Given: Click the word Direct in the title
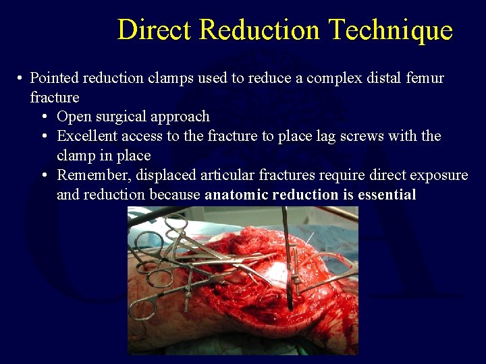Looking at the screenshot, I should (155, 30).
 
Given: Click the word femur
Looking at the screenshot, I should (426, 78).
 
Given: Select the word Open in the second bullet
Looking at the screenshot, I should (73, 117).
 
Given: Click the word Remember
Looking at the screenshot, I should (94, 175).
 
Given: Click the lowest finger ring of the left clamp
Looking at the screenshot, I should (144, 308).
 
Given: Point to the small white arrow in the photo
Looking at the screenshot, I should (309, 237).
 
